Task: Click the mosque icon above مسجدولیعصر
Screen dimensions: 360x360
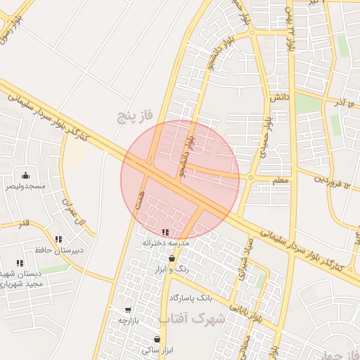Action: pyautogui.click(x=26, y=175)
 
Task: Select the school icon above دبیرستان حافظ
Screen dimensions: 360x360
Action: pyautogui.click(x=58, y=239)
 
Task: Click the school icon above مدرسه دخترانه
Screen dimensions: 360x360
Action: pyautogui.click(x=165, y=232)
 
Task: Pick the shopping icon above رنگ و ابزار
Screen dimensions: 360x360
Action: pyautogui.click(x=172, y=258)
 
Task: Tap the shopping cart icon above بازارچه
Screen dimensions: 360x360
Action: pyautogui.click(x=128, y=310)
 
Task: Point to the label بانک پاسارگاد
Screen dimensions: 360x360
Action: pyautogui.click(x=191, y=297)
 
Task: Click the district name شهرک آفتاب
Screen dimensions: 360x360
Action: pyautogui.click(x=193, y=319)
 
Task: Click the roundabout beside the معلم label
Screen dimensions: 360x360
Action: pyautogui.click(x=251, y=177)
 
